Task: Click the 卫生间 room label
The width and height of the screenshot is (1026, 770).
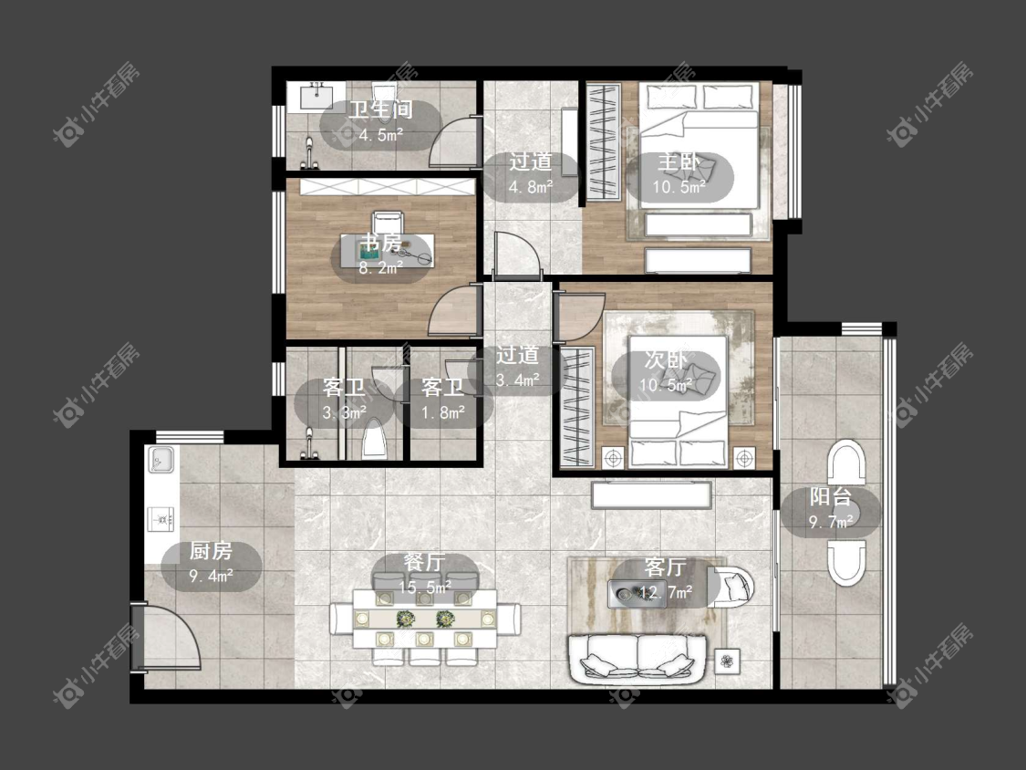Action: pos(381,109)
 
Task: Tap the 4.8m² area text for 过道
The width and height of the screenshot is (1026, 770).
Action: pos(531,187)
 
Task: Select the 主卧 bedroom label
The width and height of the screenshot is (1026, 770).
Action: pos(679,161)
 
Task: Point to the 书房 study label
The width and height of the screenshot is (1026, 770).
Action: pos(381,243)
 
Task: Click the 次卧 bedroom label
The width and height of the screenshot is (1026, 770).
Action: pos(666,359)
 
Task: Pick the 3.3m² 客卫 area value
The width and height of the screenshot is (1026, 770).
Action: pos(344,413)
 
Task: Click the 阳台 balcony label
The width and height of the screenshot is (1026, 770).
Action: pos(830,496)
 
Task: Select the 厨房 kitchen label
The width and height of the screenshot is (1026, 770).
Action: pos(211,551)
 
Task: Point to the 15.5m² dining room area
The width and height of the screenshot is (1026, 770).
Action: pos(425,588)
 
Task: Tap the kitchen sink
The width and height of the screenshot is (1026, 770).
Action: pos(160,459)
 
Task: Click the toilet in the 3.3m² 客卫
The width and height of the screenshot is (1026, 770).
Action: pos(374,439)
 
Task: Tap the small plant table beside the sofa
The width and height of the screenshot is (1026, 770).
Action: pos(727,661)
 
